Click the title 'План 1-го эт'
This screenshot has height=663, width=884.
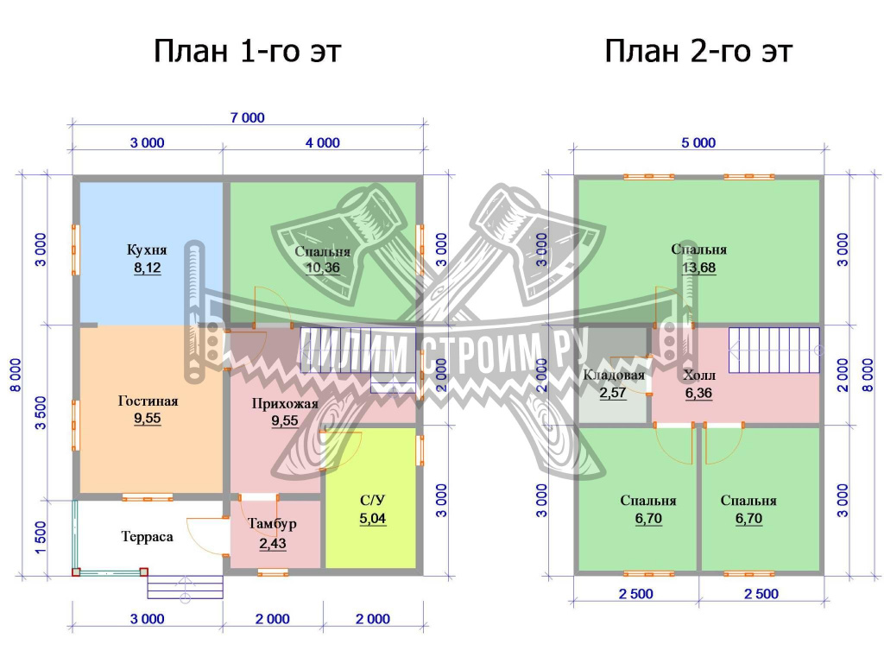[248, 51]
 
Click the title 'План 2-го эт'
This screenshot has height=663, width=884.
[698, 51]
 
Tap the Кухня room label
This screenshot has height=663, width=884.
[147, 249]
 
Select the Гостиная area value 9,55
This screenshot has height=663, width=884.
[147, 419]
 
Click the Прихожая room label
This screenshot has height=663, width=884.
[285, 404]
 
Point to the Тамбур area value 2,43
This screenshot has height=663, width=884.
[273, 544]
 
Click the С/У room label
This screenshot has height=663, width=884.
[373, 501]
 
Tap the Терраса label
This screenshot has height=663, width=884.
[147, 537]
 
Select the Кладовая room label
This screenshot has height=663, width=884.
[614, 375]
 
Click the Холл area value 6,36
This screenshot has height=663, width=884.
[699, 393]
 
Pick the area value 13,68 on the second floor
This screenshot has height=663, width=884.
[699, 268]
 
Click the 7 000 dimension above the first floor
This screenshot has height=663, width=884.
[248, 117]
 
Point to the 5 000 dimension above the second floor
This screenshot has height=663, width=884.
[698, 142]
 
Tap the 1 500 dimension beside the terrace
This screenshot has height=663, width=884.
[41, 537]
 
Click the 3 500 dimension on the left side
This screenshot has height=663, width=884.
[41, 413]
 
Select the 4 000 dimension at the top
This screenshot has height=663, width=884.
[323, 142]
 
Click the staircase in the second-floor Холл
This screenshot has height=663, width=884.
[774, 350]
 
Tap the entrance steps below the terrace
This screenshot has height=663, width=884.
[185, 586]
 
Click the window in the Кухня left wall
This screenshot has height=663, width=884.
[76, 249]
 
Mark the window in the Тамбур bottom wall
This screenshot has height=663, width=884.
[273, 573]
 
